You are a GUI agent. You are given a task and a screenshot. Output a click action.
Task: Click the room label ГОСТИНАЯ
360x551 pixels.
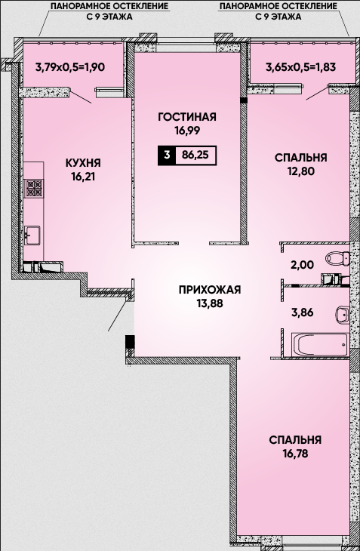(187, 117)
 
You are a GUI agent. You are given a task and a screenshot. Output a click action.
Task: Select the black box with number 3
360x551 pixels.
(167, 155)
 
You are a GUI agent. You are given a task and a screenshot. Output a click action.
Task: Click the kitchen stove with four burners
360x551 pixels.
(35, 187)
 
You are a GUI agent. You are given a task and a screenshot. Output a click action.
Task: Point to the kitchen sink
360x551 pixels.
(32, 235)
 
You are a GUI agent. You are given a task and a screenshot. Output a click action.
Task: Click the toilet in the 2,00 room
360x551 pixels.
(338, 259)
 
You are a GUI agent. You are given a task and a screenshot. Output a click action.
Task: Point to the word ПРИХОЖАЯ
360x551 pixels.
(210, 290)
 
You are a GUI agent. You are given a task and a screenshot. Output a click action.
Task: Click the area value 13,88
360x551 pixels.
(210, 303)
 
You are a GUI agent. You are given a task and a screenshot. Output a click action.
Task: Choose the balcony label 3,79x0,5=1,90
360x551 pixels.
(70, 66)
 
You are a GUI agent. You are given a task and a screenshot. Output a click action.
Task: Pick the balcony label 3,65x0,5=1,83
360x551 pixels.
(300, 66)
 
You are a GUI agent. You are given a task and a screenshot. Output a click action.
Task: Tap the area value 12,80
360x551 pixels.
(300, 171)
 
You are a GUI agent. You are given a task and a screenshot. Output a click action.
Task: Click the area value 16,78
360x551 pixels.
(295, 454)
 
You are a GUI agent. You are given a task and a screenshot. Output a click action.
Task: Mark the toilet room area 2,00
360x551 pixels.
(303, 265)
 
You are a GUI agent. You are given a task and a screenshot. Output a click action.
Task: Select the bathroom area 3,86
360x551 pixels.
(302, 312)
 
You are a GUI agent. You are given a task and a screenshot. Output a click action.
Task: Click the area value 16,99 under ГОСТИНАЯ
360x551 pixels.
(187, 131)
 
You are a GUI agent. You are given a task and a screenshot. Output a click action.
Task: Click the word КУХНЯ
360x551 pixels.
(83, 163)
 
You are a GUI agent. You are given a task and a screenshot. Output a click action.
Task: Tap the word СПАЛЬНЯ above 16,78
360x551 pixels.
(295, 440)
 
